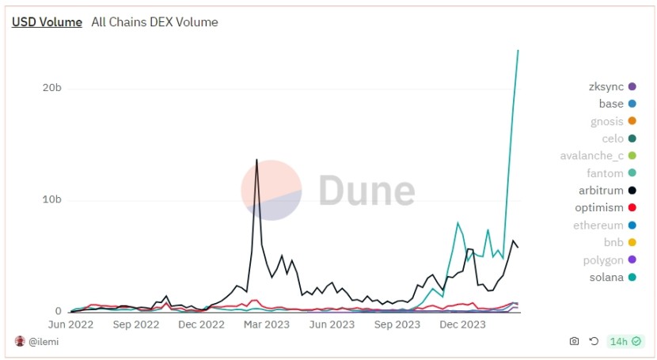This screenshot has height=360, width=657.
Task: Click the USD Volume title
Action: (x=47, y=22)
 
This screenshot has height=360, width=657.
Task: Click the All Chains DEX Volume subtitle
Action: (x=154, y=22)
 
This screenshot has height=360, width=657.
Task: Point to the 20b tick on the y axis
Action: (x=52, y=88)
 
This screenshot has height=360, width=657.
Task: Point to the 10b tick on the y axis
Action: (x=52, y=199)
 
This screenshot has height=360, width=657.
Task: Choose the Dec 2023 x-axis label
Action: (x=462, y=324)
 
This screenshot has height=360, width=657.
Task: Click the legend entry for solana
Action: (x=606, y=277)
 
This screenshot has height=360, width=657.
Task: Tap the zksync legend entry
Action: (x=606, y=86)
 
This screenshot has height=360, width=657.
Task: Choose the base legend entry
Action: (x=611, y=104)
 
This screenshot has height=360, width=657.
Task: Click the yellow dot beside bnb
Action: (x=632, y=242)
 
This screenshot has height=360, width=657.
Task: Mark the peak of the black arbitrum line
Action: (x=256, y=160)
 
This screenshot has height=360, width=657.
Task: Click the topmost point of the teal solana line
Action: (x=518, y=51)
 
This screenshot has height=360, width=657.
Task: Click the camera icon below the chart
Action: (x=574, y=342)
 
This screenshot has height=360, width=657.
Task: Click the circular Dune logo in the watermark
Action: (x=272, y=190)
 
